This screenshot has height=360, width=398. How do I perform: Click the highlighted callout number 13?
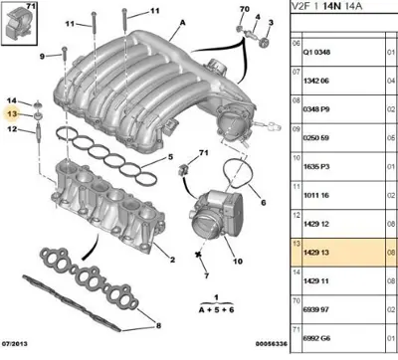(x=13, y=115)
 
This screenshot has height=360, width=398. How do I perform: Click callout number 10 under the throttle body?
(x=237, y=263)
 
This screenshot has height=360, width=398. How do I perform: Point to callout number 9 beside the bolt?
(x=43, y=57)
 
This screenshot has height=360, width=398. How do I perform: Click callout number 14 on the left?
(x=13, y=101)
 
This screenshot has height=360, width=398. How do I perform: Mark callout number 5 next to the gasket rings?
(x=170, y=158)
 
